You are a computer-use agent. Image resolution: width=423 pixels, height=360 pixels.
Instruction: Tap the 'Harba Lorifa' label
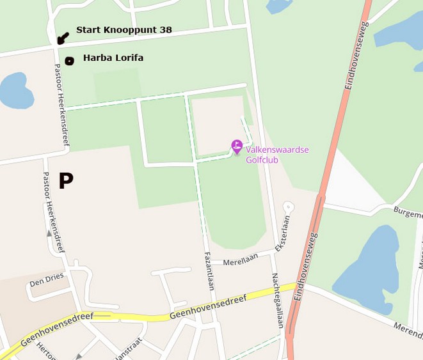[x=113, y=58]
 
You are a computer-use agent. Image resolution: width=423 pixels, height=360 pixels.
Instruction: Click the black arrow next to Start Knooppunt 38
[x=62, y=38]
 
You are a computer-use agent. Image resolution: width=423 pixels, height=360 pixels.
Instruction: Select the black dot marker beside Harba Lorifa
[x=69, y=61]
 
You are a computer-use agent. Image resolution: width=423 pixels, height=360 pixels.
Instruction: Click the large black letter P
[x=65, y=181]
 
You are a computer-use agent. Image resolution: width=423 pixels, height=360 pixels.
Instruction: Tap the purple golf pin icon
[x=237, y=146]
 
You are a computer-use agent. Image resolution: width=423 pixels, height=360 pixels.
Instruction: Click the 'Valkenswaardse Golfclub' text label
[x=277, y=155]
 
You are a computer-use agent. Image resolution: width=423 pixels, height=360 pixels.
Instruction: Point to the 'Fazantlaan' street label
[x=209, y=270]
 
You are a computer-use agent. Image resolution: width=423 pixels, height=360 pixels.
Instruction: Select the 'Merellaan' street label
[x=241, y=262]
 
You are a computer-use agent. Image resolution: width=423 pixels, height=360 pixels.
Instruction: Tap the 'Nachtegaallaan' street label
[x=277, y=301]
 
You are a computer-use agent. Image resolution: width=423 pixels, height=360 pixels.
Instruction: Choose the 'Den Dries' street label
[x=47, y=279]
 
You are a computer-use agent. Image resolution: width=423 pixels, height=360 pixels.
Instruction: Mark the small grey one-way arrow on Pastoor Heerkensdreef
[x=50, y=234]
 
